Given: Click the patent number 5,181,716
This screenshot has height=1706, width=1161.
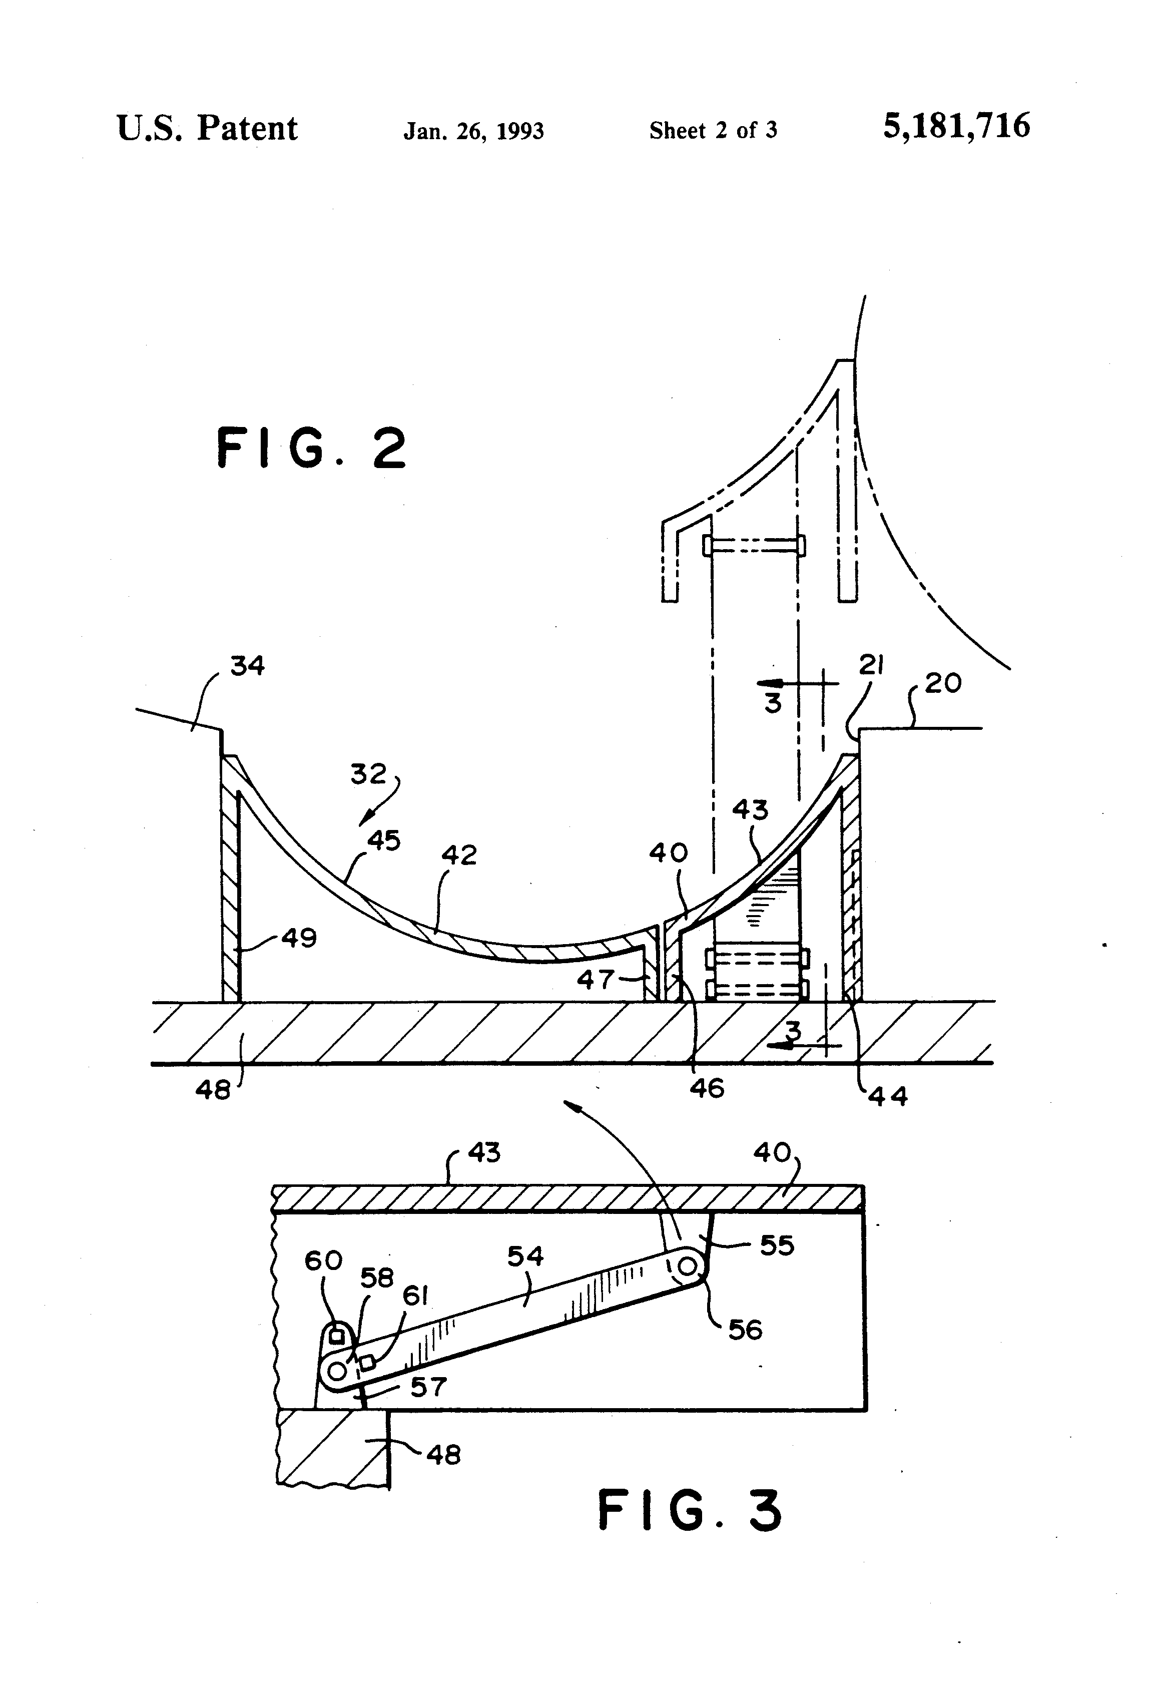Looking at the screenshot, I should point(956,126).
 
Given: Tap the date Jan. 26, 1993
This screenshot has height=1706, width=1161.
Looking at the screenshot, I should point(473,131).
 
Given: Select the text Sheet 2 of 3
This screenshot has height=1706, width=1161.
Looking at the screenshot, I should point(713,131).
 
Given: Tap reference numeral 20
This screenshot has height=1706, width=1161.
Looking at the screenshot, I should point(942,683).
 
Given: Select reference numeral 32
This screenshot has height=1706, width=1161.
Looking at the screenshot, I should point(368,774).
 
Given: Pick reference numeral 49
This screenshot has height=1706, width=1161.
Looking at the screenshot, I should point(299,938).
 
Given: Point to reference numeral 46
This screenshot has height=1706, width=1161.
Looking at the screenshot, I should point(707,1088).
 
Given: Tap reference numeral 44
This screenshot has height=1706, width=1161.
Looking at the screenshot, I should point(888,1097).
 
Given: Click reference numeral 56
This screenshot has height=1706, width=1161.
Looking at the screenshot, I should point(745,1330).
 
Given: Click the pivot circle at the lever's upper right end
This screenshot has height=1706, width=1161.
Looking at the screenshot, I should point(688,1266).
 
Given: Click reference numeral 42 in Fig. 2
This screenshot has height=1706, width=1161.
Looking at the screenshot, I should point(459,855).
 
